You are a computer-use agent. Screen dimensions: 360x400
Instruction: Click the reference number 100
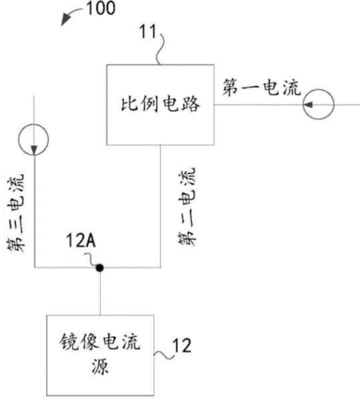point(101,8)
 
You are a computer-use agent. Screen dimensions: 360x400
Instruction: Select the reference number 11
point(148,31)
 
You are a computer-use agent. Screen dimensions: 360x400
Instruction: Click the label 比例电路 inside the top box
point(161,104)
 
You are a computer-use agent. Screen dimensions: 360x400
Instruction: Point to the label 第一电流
point(261,87)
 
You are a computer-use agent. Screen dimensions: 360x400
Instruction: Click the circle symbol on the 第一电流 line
point(319,104)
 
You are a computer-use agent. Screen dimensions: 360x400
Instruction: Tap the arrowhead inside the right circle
point(309,105)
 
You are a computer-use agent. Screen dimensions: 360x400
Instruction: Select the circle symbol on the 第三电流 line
point(33,139)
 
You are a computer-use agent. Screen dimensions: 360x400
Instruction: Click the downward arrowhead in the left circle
point(34,150)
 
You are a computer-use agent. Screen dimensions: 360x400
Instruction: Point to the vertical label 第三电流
point(16,213)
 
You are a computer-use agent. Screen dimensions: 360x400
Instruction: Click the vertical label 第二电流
point(187,207)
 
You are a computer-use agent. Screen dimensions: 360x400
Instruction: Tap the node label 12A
point(81,240)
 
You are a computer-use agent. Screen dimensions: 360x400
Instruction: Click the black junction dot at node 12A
point(100,268)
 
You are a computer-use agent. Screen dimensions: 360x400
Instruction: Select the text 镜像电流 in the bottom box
point(100,342)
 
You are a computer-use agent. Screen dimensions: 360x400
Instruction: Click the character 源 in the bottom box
point(100,366)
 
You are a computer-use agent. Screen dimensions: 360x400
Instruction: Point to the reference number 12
point(182,345)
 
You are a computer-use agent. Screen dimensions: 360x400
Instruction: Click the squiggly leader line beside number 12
point(164,355)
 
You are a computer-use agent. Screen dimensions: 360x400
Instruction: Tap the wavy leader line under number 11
point(160,49)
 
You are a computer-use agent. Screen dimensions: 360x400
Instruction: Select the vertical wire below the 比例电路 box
point(161,206)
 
